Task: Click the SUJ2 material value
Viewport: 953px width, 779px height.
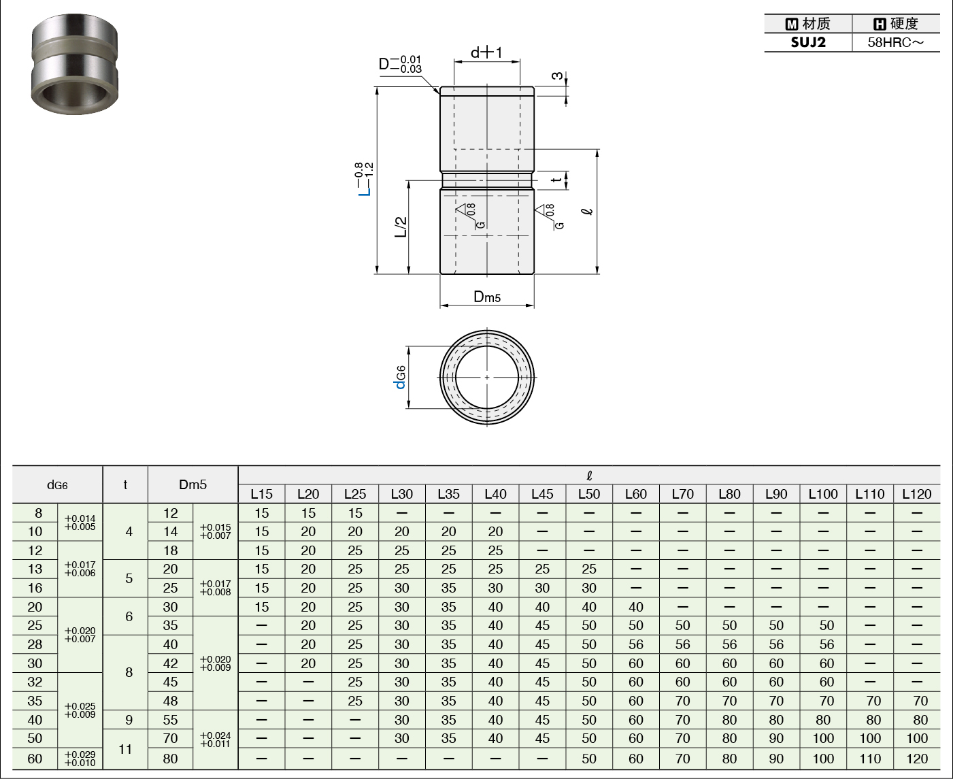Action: point(808,42)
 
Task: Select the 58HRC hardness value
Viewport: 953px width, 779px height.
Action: point(896,42)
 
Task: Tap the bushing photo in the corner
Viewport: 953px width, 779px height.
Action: point(75,64)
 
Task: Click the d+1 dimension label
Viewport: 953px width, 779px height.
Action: point(486,52)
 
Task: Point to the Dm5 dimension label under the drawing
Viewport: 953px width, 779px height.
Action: point(486,297)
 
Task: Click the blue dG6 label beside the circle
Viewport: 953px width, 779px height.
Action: point(400,378)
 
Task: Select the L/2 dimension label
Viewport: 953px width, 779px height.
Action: point(401,227)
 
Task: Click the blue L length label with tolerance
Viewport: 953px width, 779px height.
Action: point(364,179)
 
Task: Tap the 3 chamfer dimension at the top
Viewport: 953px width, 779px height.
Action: point(558,76)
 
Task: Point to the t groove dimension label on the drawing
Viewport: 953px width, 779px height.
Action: point(556,180)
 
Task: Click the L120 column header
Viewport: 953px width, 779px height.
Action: point(916,494)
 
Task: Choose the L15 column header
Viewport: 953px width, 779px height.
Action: point(262,494)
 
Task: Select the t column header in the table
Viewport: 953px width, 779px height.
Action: point(125,485)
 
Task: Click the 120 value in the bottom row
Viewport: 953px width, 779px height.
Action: point(916,759)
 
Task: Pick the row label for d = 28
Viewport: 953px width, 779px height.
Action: point(35,644)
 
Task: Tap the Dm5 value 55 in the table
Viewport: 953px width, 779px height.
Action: point(170,720)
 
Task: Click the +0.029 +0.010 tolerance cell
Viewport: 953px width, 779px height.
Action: point(80,759)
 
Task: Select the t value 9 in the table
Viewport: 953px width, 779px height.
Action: point(129,720)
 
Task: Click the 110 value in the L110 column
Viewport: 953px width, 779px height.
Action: point(870,759)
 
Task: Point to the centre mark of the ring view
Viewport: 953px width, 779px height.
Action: point(487,377)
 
